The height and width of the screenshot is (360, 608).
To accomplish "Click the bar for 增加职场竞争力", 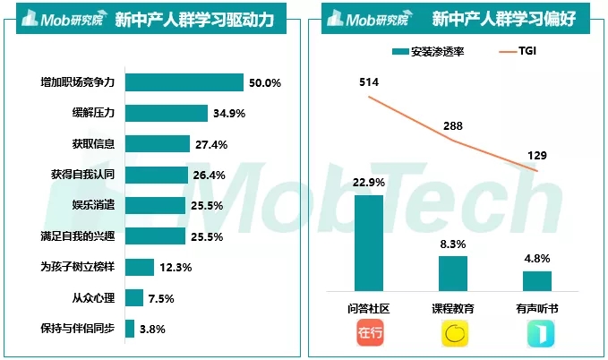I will pyautogui.click(x=184, y=82).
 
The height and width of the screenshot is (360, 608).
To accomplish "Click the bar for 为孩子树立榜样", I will pyautogui.click(x=139, y=267).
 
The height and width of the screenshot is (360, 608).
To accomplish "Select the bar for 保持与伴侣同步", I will pyautogui.click(x=130, y=329).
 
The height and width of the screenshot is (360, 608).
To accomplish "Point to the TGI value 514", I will pyautogui.click(x=369, y=82).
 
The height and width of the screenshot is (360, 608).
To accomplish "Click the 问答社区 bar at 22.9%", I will pyautogui.click(x=369, y=243).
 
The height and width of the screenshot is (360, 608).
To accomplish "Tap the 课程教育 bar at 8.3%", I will pyautogui.click(x=453, y=273).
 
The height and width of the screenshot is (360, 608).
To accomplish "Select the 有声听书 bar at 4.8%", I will pyautogui.click(x=537, y=280).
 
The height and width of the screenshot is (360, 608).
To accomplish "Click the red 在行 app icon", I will pyautogui.click(x=369, y=335).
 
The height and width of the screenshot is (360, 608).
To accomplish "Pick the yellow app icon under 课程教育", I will pyautogui.click(x=453, y=335).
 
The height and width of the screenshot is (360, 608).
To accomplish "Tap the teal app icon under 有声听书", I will pyautogui.click(x=537, y=335).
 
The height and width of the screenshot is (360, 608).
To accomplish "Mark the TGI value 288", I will pyautogui.click(x=453, y=126).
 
